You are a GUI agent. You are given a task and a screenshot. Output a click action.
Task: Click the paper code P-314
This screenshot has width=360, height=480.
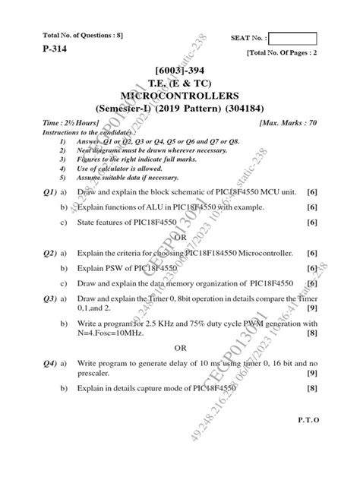click(x=45, y=46)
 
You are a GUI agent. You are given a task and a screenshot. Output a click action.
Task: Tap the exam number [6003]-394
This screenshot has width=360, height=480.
click(x=179, y=72)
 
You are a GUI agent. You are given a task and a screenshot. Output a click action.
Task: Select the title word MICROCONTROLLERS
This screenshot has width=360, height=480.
click(x=179, y=95)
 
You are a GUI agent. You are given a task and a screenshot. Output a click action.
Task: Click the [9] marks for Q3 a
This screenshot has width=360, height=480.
click(x=311, y=308)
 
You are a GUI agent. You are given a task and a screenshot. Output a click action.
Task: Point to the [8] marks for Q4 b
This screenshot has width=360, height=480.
click(x=311, y=389)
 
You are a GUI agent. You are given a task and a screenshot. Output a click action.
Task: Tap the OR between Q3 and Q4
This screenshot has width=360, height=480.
click(x=180, y=348)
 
